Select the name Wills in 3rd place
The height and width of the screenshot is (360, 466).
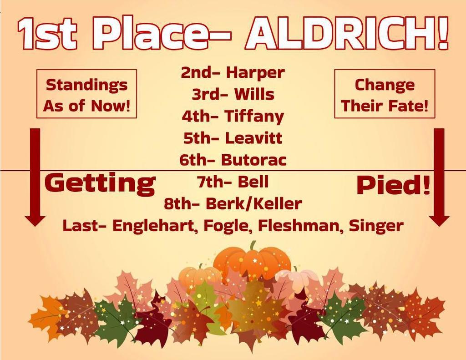[254, 94]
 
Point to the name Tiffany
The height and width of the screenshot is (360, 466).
[254, 117]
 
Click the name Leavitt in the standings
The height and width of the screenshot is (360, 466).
[253, 138]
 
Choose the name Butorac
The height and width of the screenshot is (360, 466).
[254, 160]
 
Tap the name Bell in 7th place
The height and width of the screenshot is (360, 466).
[253, 182]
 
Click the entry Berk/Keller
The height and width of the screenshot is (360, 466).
[253, 204]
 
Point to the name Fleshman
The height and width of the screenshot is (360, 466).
[300, 226]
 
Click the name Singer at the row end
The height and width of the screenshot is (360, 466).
[375, 226]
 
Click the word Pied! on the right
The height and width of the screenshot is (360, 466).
[393, 185]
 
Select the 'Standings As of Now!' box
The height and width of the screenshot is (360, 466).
[87, 94]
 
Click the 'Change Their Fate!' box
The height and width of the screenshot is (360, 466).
[385, 94]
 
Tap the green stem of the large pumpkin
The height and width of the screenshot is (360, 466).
[253, 246]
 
